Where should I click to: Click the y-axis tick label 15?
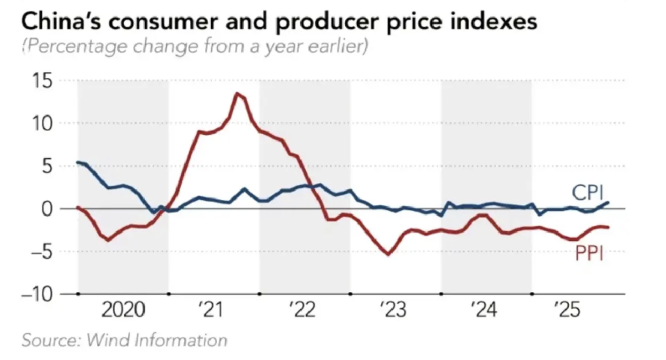pyautogui.click(x=40, y=81)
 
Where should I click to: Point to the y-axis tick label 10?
pyautogui.click(x=40, y=124)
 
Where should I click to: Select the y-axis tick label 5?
pyautogui.click(x=47, y=167)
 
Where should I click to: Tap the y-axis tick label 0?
pyautogui.click(x=47, y=208)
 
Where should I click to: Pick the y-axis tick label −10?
pyautogui.click(x=34, y=295)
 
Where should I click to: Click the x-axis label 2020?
pyautogui.click(x=123, y=311)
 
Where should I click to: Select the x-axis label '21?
pyautogui.click(x=213, y=311)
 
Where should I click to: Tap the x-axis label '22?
pyautogui.click(x=304, y=311)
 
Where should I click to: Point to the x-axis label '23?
pyautogui.click(x=395, y=311)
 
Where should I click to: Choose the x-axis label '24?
pyautogui.click(x=486, y=311)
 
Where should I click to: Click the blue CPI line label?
pyautogui.click(x=589, y=191)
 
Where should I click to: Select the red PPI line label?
pyautogui.click(x=589, y=252)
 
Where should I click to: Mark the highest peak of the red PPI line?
pyautogui.click(x=238, y=93)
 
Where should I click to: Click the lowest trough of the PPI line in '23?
pyautogui.click(x=388, y=254)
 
